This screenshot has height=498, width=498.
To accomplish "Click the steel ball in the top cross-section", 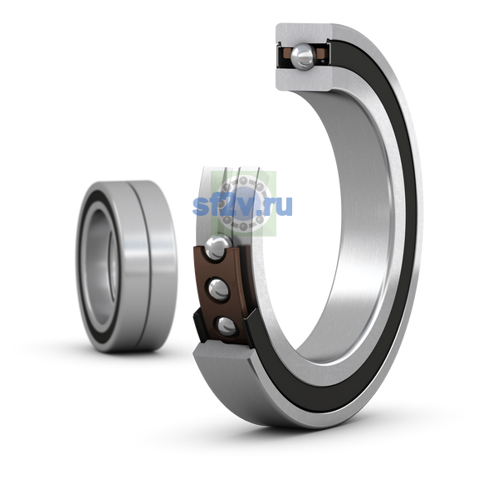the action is point(302,56).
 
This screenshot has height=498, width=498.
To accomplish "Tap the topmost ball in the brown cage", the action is point(217,247).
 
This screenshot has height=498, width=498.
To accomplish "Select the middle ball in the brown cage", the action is point(219,290).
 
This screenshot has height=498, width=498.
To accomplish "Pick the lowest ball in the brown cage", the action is point(226,326).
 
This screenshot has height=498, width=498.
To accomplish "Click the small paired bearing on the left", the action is point(126,266).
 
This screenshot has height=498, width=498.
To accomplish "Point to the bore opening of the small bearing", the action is point(101,266).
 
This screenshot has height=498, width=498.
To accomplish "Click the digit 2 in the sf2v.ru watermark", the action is point(227,206).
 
